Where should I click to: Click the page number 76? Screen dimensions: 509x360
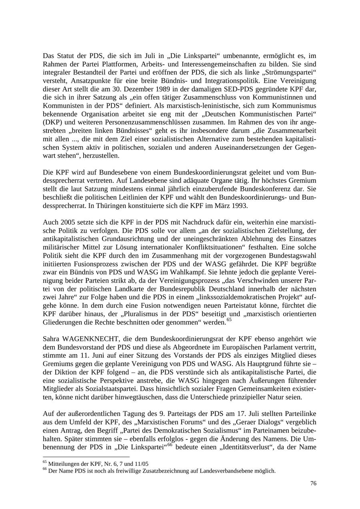tap(313, 483)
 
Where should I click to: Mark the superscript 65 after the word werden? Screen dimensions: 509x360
tap(229, 320)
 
